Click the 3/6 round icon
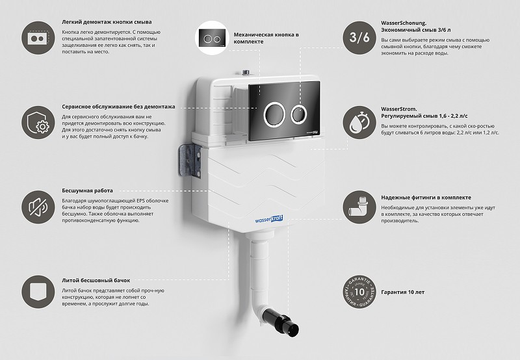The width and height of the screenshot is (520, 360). coord(359,38)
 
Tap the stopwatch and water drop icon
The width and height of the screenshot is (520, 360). coord(359,123)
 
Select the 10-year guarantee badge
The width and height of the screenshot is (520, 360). coord(359,292)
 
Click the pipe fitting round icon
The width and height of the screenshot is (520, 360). coord(359,207)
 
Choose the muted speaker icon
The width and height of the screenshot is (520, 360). coord(38,207)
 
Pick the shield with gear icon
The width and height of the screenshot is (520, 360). coord(38,123)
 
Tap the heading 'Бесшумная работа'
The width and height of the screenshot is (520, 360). coord(87,190)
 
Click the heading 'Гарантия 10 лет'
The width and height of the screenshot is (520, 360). coord(402,292)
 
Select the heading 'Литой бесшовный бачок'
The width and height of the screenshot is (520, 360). coord(96,281)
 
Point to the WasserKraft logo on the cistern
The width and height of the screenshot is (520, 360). coord(269,220)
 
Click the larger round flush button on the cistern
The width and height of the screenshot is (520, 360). coord(274,114)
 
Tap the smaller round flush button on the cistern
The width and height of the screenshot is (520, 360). coord(299,115)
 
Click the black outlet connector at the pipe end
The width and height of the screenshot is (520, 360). coord(281,321)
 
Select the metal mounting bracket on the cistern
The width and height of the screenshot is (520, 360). coord(190,161)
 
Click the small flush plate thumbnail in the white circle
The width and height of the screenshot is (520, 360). coord(213,38)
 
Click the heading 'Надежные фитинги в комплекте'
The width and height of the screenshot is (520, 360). coord(426,198)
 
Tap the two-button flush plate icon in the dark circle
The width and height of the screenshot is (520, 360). coord(38,38)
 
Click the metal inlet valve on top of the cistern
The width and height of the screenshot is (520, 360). coord(246,73)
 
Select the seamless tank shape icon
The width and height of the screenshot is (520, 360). coord(38,292)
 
